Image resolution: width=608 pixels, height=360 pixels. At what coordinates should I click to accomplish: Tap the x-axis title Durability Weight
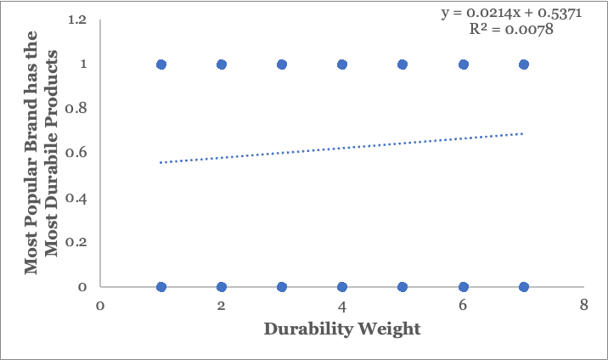[x=341, y=329]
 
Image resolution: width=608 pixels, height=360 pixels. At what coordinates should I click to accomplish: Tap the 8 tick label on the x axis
[x=583, y=305]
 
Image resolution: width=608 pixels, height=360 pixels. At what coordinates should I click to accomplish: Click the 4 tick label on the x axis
[x=341, y=305]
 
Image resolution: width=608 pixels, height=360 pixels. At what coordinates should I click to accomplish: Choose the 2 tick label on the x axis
[x=221, y=305]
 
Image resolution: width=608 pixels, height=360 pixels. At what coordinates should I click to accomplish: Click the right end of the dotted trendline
[x=523, y=133]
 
